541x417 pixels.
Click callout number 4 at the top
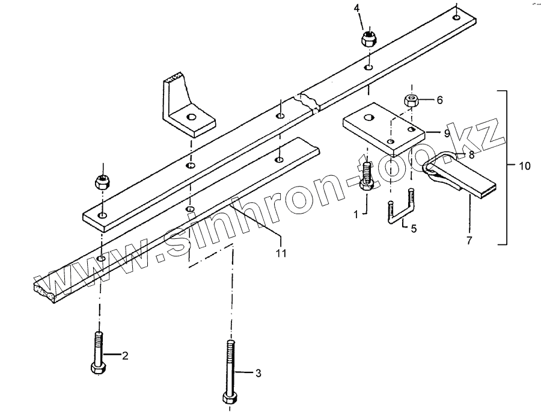(x=356, y=8)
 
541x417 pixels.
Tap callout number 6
(x=439, y=100)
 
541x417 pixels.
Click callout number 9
(x=447, y=132)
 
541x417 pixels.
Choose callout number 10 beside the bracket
(x=525, y=166)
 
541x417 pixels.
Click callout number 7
(x=469, y=240)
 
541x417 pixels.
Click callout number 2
(x=125, y=355)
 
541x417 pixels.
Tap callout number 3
(x=258, y=374)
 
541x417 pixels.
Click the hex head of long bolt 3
(x=229, y=398)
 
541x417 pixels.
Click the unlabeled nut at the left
(x=102, y=180)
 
